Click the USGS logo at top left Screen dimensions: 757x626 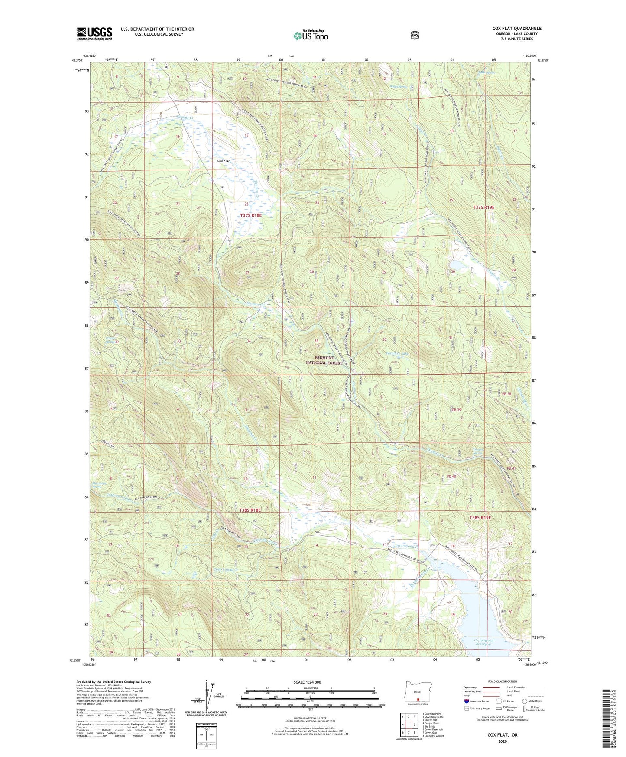point(94,33)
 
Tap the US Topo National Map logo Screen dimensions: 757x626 point(310,36)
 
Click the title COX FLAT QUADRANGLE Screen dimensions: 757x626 point(516,29)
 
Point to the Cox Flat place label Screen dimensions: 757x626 point(224,161)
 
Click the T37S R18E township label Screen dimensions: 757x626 point(251,215)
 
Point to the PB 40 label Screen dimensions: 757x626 point(451,476)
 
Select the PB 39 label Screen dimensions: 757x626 point(456,410)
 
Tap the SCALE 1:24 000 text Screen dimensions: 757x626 point(307,682)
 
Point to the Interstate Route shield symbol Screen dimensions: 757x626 point(466,701)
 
